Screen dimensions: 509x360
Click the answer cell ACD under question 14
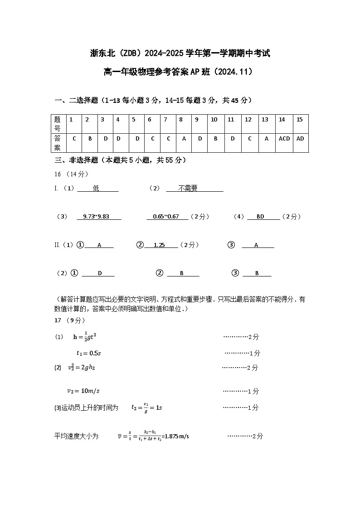click(284, 139)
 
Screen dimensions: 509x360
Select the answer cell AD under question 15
click(300, 139)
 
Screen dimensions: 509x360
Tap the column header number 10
click(214, 120)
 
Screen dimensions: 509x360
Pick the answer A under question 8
click(184, 139)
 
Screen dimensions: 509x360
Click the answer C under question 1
click(74, 139)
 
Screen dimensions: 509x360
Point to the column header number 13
click(265, 120)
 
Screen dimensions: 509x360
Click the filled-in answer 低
click(96, 189)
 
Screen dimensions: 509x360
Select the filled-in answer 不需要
click(188, 189)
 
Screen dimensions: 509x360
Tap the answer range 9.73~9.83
click(96, 217)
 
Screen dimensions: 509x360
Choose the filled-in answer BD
click(260, 217)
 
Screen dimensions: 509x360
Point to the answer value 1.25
click(159, 245)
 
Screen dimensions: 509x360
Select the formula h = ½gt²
click(85, 337)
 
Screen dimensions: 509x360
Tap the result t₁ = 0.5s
click(88, 353)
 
